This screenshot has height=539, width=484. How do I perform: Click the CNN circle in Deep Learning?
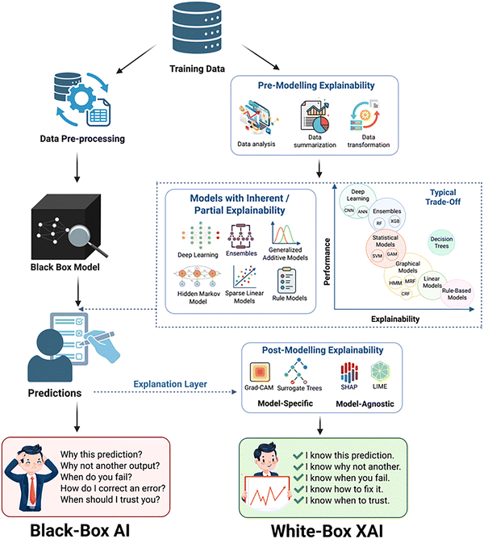(349, 209)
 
